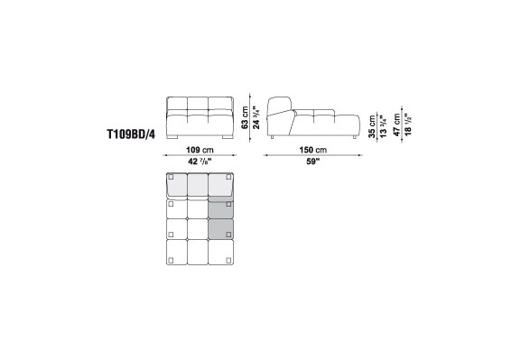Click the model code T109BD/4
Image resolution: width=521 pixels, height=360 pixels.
pyautogui.click(x=131, y=134)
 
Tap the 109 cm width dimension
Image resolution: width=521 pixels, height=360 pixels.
pyautogui.click(x=200, y=150)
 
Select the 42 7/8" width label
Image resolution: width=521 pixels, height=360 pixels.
pyautogui.click(x=200, y=162)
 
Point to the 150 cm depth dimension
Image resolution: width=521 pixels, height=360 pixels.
pyautogui.click(x=313, y=150)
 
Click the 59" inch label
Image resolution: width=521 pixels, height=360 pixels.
pyautogui.click(x=313, y=162)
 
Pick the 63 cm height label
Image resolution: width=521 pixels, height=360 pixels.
pyautogui.click(x=245, y=117)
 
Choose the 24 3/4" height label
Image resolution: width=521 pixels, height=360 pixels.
pyautogui.click(x=256, y=117)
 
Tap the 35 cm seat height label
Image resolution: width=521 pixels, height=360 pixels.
pyautogui.click(x=372, y=126)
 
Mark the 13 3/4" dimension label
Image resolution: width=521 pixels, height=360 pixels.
pyautogui.click(x=383, y=126)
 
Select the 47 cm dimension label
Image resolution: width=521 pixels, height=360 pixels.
pyautogui.click(x=397, y=125)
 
